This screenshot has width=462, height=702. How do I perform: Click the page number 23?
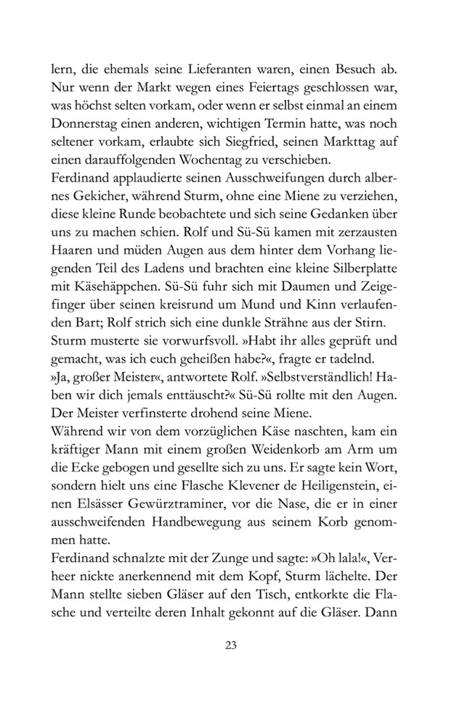[x=231, y=645]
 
